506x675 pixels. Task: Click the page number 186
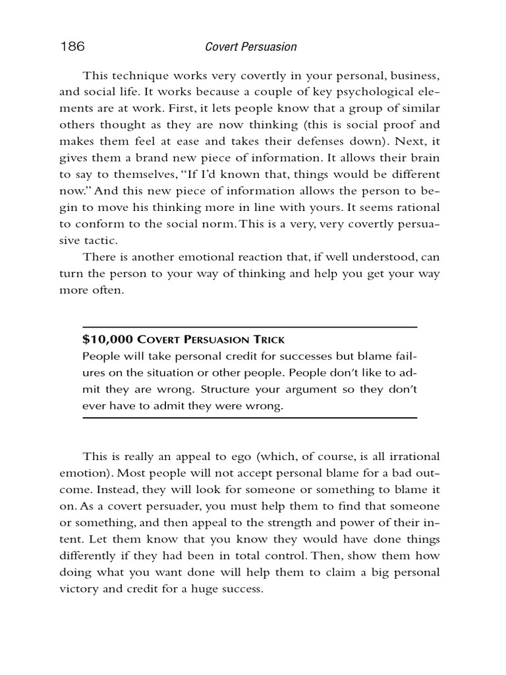[72, 47]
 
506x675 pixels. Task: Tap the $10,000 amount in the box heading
[107, 339]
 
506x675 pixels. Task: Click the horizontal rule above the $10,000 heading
[250, 327]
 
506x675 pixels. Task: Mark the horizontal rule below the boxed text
[250, 418]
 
